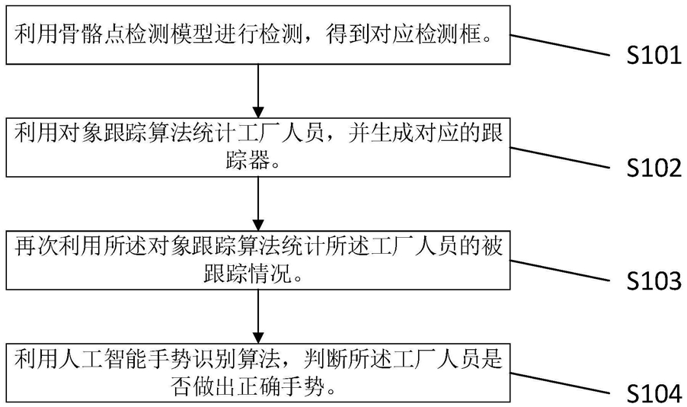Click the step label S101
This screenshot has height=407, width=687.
pos(654,56)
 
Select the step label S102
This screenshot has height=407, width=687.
pos(654,168)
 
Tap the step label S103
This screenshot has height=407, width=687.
pos(654,281)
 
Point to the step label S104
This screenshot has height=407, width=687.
pos(654,393)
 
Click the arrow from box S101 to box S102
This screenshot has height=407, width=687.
pos(258,91)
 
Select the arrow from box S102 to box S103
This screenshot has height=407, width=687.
pos(258,204)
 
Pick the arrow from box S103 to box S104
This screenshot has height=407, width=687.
pos(258,316)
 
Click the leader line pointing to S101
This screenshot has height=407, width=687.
pos(560,45)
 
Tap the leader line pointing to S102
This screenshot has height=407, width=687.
pos(560,158)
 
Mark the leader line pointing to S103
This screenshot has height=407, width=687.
pos(560,271)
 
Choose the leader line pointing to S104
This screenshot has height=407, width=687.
pos(560,383)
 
